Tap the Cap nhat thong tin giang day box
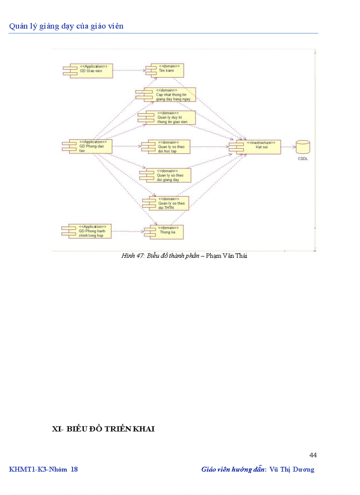[x=168, y=95]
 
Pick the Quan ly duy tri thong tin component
[x=168, y=118]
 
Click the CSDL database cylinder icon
[x=303, y=146]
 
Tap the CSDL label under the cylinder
[x=303, y=158]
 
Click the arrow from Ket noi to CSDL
[x=288, y=147]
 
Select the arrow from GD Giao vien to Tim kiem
[x=130, y=71]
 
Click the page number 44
[x=313, y=455]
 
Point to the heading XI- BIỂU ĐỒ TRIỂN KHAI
[x=103, y=429]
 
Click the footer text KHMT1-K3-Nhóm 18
[x=43, y=469]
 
